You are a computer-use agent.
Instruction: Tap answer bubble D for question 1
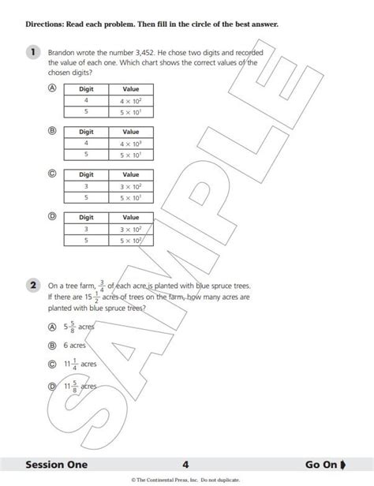coord(52,215)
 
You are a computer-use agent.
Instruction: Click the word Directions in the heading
coord(46,25)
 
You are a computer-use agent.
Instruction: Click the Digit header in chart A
coord(87,89)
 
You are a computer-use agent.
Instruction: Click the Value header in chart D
coord(130,216)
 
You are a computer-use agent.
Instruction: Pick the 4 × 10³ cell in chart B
coord(130,144)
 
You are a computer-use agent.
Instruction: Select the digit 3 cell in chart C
coord(87,186)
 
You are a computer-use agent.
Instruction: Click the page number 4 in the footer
coord(185,465)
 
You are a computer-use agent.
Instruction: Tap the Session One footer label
coord(57,465)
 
